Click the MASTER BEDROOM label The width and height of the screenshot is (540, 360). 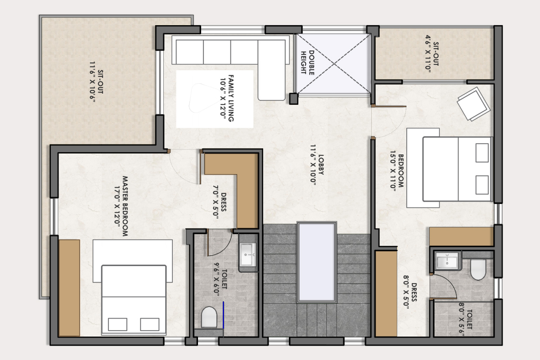tap(125, 206)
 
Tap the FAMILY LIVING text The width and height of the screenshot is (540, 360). tap(231, 98)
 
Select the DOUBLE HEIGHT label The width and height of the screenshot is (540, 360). tap(307, 63)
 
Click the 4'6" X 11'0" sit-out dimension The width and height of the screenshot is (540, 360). tap(428, 52)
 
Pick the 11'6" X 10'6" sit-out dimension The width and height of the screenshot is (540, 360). tap(93, 82)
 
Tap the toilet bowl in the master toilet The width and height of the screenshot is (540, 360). tap(209, 317)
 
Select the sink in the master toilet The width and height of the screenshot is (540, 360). tap(247, 255)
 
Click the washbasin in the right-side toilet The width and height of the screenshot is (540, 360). tap(447, 261)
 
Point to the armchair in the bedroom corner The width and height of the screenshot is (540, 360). tap(474, 104)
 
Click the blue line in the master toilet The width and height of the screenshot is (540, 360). tap(224, 315)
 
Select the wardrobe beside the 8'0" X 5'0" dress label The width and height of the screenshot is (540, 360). tap(386, 293)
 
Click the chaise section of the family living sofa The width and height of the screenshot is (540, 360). tap(272, 70)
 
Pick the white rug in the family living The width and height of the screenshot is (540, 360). tap(215, 99)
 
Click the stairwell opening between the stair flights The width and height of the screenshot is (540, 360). tap(317, 262)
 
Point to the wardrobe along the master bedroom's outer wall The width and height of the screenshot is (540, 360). tap(69, 288)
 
